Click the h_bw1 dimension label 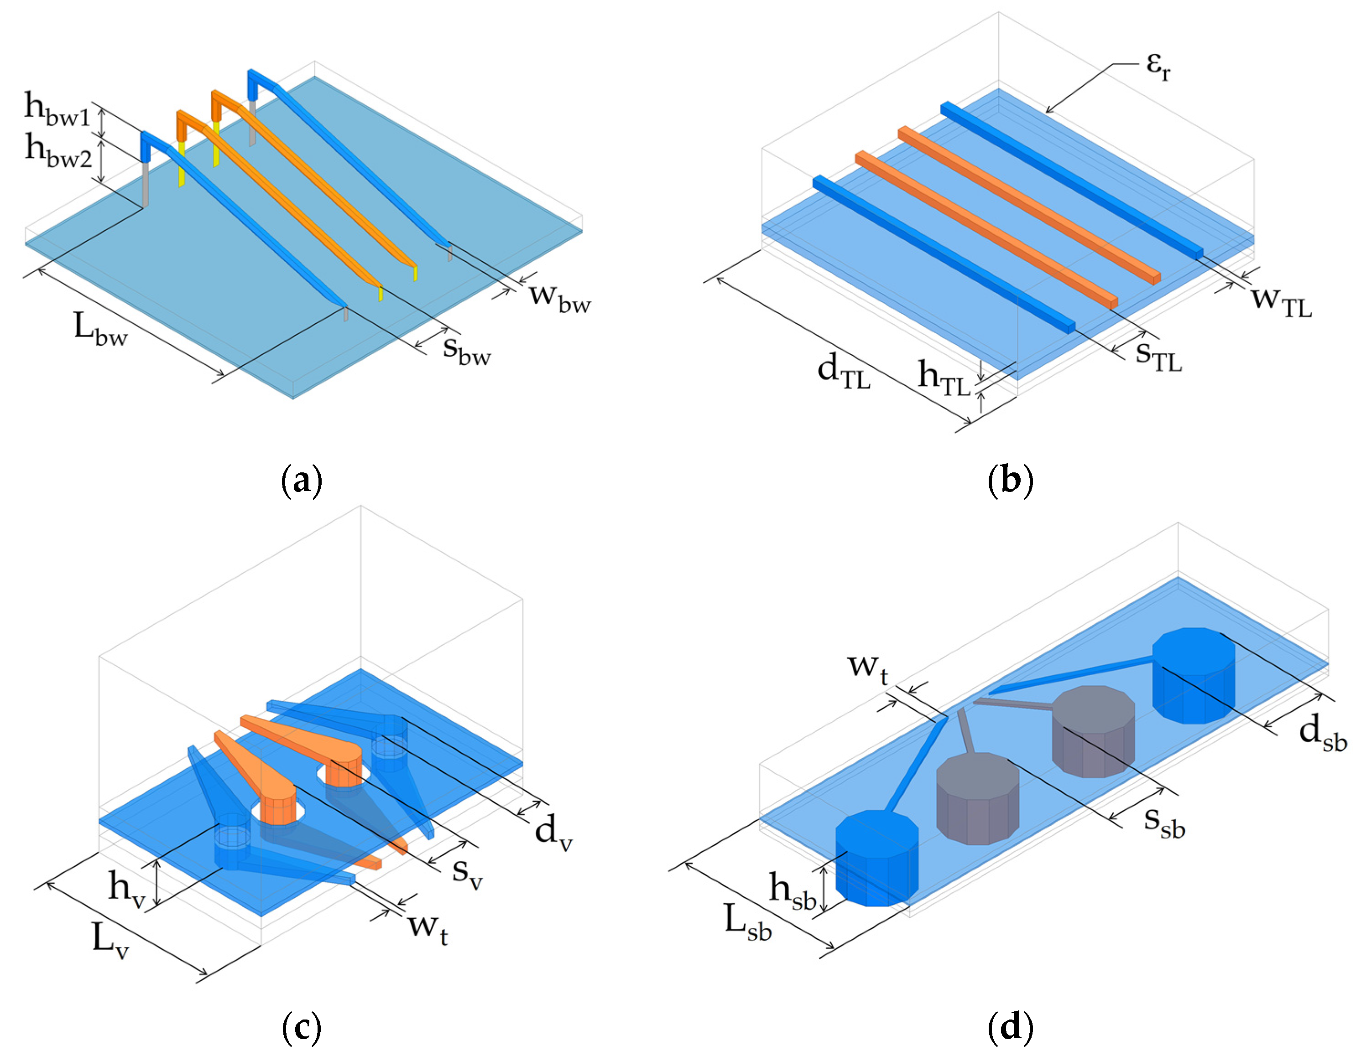57,111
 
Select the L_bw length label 99,329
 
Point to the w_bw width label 559,297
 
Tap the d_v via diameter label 553,831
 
